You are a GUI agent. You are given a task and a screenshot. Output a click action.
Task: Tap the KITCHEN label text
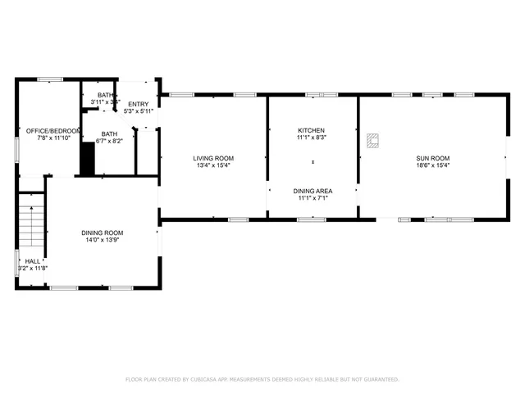(312, 131)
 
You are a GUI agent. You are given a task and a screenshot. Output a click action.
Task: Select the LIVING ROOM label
(213, 158)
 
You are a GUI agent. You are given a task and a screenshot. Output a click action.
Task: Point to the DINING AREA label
(313, 191)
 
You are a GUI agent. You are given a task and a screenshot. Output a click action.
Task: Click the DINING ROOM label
(102, 233)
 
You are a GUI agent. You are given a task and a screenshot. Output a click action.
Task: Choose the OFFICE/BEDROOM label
(53, 131)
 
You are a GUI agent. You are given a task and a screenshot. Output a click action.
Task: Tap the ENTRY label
(138, 104)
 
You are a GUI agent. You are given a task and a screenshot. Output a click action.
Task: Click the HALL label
(33, 261)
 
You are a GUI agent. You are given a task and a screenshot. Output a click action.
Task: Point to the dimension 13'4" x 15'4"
(213, 165)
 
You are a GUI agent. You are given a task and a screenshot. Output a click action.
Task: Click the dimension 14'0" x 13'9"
(102, 241)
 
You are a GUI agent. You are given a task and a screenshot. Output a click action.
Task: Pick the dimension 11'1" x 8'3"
(312, 138)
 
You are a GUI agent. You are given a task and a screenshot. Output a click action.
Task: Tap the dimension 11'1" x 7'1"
(313, 198)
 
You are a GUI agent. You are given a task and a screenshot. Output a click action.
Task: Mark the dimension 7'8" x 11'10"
(53, 138)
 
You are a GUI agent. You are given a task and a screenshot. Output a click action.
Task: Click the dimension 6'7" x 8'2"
(109, 141)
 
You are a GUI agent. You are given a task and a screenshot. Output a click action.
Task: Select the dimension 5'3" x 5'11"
(138, 111)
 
